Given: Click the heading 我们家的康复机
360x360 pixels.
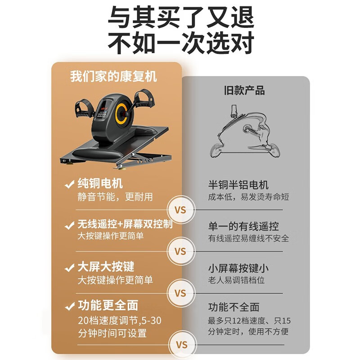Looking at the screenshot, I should click(x=113, y=76).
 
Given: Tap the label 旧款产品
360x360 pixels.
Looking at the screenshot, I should click(x=244, y=90).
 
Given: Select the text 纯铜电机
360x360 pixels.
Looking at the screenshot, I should click(x=100, y=184).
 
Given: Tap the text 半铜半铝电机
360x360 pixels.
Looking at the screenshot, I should click(x=238, y=185).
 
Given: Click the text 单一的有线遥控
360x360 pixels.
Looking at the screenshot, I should click(x=243, y=226).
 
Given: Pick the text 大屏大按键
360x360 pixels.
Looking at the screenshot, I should click(x=106, y=267).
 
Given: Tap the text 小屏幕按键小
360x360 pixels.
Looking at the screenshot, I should click(x=238, y=269).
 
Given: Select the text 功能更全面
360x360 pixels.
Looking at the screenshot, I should click(x=108, y=306).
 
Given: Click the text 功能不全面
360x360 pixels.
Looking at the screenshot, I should click(x=234, y=307).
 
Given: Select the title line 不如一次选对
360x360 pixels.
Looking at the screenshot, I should click(x=180, y=44).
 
